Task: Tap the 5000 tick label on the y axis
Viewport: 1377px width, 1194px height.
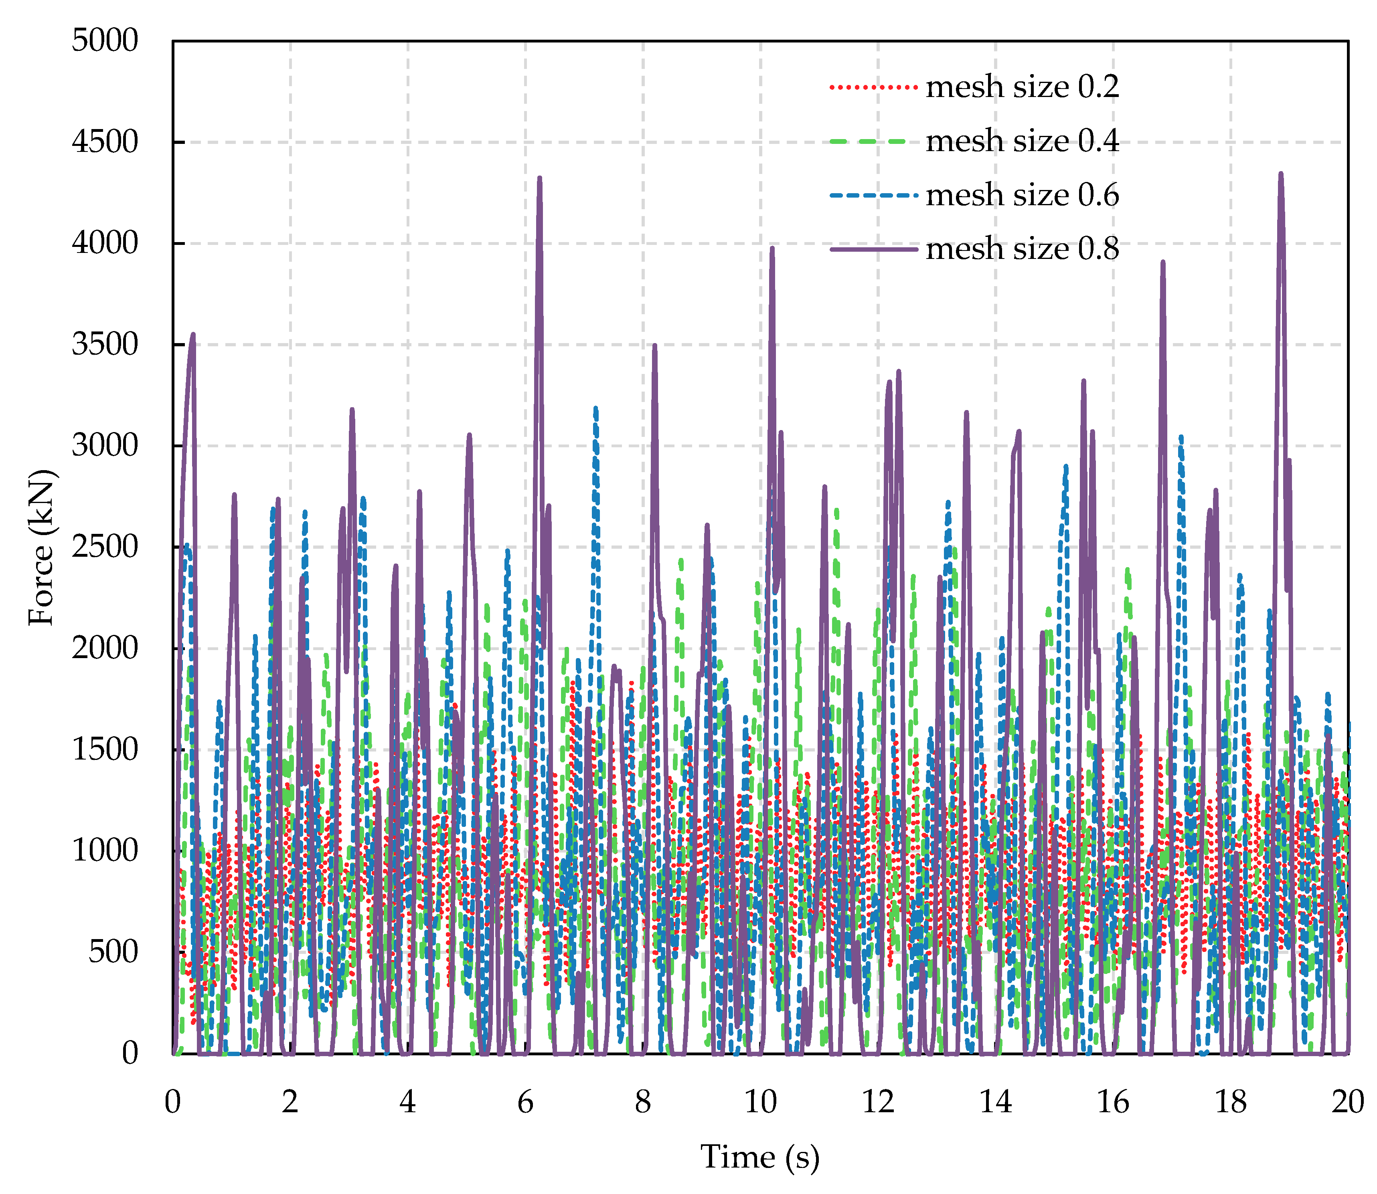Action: tap(105, 41)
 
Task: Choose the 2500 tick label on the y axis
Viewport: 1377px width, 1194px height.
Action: tap(105, 548)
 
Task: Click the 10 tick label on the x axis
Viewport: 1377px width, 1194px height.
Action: tap(761, 1103)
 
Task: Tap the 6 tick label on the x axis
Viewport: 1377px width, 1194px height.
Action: tap(525, 1103)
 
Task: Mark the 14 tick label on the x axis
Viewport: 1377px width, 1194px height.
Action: tap(995, 1103)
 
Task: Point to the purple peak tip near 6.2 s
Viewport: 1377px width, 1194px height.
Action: tap(539, 178)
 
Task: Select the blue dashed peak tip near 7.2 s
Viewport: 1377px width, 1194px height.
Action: tap(596, 408)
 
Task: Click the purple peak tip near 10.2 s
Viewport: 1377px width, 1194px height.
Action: tap(772, 248)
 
